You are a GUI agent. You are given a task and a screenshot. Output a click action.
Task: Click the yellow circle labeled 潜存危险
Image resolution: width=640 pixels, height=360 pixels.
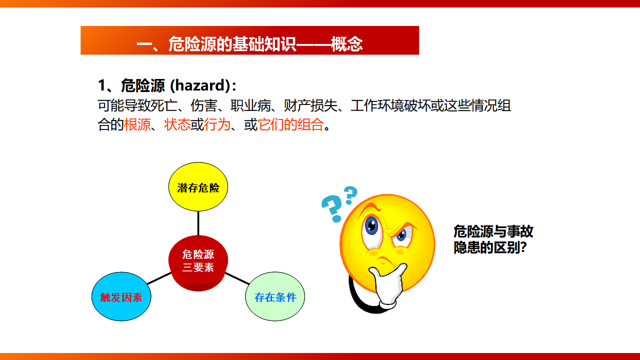(198, 187)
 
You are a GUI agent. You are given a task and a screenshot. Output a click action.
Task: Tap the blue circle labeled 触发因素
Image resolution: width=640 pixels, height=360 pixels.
(121, 296)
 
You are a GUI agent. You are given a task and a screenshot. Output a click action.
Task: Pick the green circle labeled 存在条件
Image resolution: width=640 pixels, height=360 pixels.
(275, 296)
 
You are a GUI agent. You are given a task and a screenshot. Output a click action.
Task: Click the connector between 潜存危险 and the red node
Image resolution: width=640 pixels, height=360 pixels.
(198, 223)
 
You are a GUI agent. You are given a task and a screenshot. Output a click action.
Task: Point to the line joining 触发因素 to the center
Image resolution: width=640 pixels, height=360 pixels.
(159, 278)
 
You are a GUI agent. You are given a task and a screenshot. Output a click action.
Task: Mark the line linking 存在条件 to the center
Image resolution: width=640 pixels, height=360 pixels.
(237, 278)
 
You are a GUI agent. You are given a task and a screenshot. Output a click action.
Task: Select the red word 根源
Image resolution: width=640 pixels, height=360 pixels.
(137, 124)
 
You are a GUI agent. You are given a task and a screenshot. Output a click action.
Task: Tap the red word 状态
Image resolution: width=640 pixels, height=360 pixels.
(177, 124)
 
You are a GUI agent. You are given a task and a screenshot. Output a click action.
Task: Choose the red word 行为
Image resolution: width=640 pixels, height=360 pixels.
(217, 124)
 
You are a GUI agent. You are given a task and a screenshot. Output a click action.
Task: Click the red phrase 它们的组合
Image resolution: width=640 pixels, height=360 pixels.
(290, 124)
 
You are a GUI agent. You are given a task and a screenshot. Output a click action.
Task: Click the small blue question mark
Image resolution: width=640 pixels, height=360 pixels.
(351, 195)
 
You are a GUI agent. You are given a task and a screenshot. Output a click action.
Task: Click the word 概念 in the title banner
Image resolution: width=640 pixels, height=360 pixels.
(347, 44)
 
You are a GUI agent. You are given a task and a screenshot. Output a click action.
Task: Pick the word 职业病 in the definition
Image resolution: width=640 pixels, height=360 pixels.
(250, 105)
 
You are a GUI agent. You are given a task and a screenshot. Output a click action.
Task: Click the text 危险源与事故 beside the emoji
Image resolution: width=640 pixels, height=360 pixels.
(493, 231)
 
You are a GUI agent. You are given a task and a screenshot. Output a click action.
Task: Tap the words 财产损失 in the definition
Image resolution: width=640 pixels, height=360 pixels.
(310, 105)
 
